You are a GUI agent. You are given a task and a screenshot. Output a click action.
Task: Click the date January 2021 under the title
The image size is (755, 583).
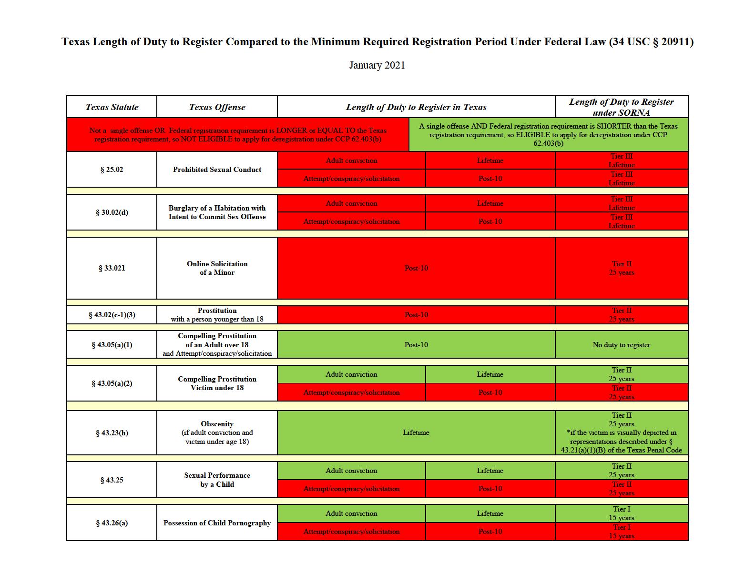click(x=377, y=65)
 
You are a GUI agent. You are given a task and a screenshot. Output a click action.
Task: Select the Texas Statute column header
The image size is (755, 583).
click(x=112, y=107)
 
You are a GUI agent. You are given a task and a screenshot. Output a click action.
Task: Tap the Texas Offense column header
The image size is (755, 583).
click(x=217, y=107)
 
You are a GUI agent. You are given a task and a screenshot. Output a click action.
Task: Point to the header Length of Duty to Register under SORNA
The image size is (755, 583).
click(x=621, y=107)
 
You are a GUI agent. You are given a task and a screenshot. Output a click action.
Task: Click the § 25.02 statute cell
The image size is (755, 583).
click(x=112, y=170)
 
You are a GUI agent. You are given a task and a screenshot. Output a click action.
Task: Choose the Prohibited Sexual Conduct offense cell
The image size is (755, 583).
click(x=217, y=170)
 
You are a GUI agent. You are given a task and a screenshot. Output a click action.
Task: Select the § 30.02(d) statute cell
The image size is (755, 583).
click(x=112, y=212)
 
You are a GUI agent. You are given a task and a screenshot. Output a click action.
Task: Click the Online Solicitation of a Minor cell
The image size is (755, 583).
click(x=217, y=268)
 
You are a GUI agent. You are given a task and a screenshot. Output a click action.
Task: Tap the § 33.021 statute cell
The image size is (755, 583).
click(x=112, y=268)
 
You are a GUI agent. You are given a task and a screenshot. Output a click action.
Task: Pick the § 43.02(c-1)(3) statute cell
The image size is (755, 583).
click(x=112, y=315)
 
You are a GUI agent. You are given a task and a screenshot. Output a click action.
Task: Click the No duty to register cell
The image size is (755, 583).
click(x=621, y=344)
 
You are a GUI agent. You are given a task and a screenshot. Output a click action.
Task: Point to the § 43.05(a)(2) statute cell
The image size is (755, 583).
click(x=112, y=383)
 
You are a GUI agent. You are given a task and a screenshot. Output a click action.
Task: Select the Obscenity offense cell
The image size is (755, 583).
click(x=217, y=432)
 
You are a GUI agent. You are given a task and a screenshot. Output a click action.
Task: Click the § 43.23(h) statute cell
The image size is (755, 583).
click(x=112, y=432)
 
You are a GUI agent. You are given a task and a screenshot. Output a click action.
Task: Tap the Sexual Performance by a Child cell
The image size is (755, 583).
click(x=217, y=480)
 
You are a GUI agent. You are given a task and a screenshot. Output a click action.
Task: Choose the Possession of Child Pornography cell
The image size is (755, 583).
click(x=217, y=523)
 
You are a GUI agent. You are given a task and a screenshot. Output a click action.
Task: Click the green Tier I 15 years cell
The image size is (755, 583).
click(x=621, y=513)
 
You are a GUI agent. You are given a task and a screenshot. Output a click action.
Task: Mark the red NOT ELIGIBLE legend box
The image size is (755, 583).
click(x=238, y=134)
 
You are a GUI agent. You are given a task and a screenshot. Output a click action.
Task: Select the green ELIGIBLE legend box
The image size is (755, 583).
click(x=548, y=134)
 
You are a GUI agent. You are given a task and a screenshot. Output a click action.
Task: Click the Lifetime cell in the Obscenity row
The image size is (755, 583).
click(x=416, y=432)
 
